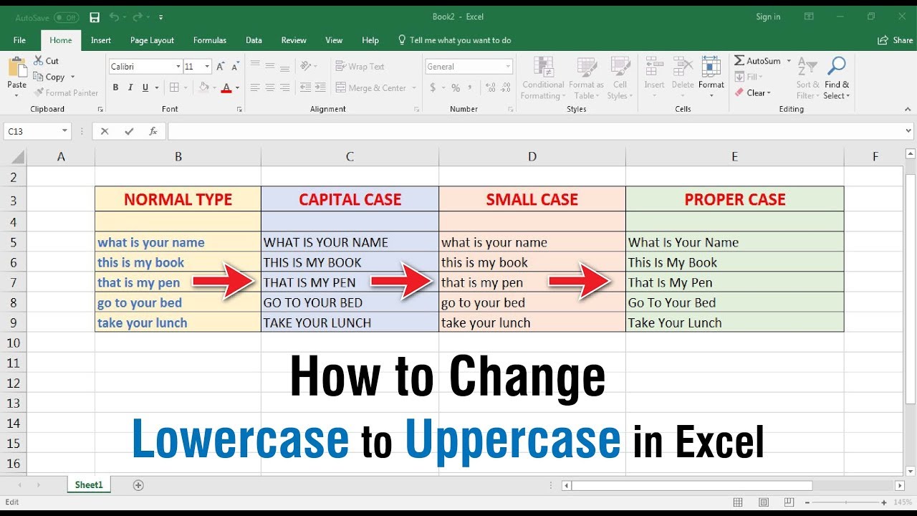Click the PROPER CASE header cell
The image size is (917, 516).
click(x=734, y=199)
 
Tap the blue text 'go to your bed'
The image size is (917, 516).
click(x=140, y=302)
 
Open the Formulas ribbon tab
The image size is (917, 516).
click(x=209, y=40)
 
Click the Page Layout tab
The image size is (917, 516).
click(x=152, y=40)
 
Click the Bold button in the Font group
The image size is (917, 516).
click(x=115, y=87)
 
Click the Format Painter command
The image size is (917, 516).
click(x=66, y=92)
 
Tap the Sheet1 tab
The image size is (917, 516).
click(x=89, y=485)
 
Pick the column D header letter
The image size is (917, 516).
click(x=532, y=156)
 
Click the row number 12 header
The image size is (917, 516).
click(x=13, y=383)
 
